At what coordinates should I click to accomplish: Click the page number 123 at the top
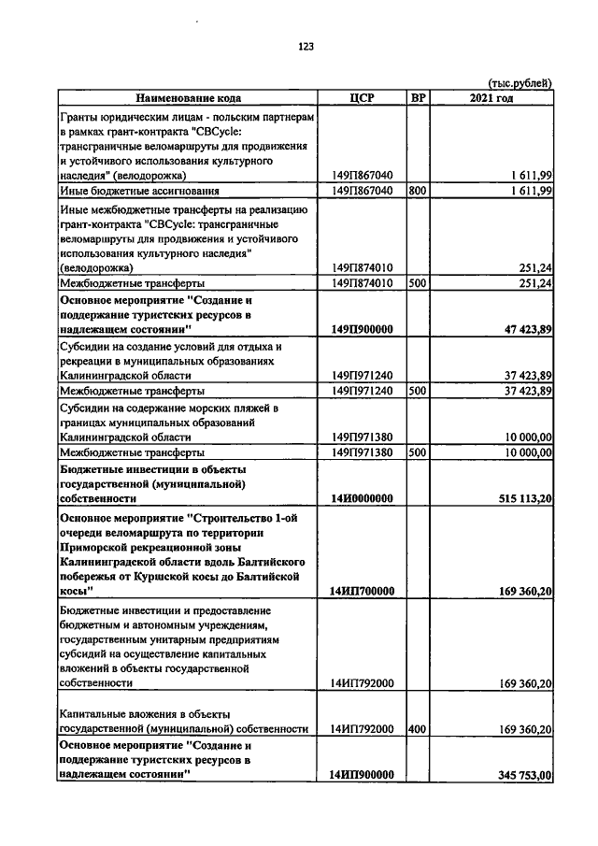tap(306, 48)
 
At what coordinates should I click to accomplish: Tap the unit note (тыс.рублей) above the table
tap(520, 83)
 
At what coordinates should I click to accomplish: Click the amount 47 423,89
tap(521, 330)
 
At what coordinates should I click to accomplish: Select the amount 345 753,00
tap(518, 775)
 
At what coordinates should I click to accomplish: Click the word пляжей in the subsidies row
tap(264, 409)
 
